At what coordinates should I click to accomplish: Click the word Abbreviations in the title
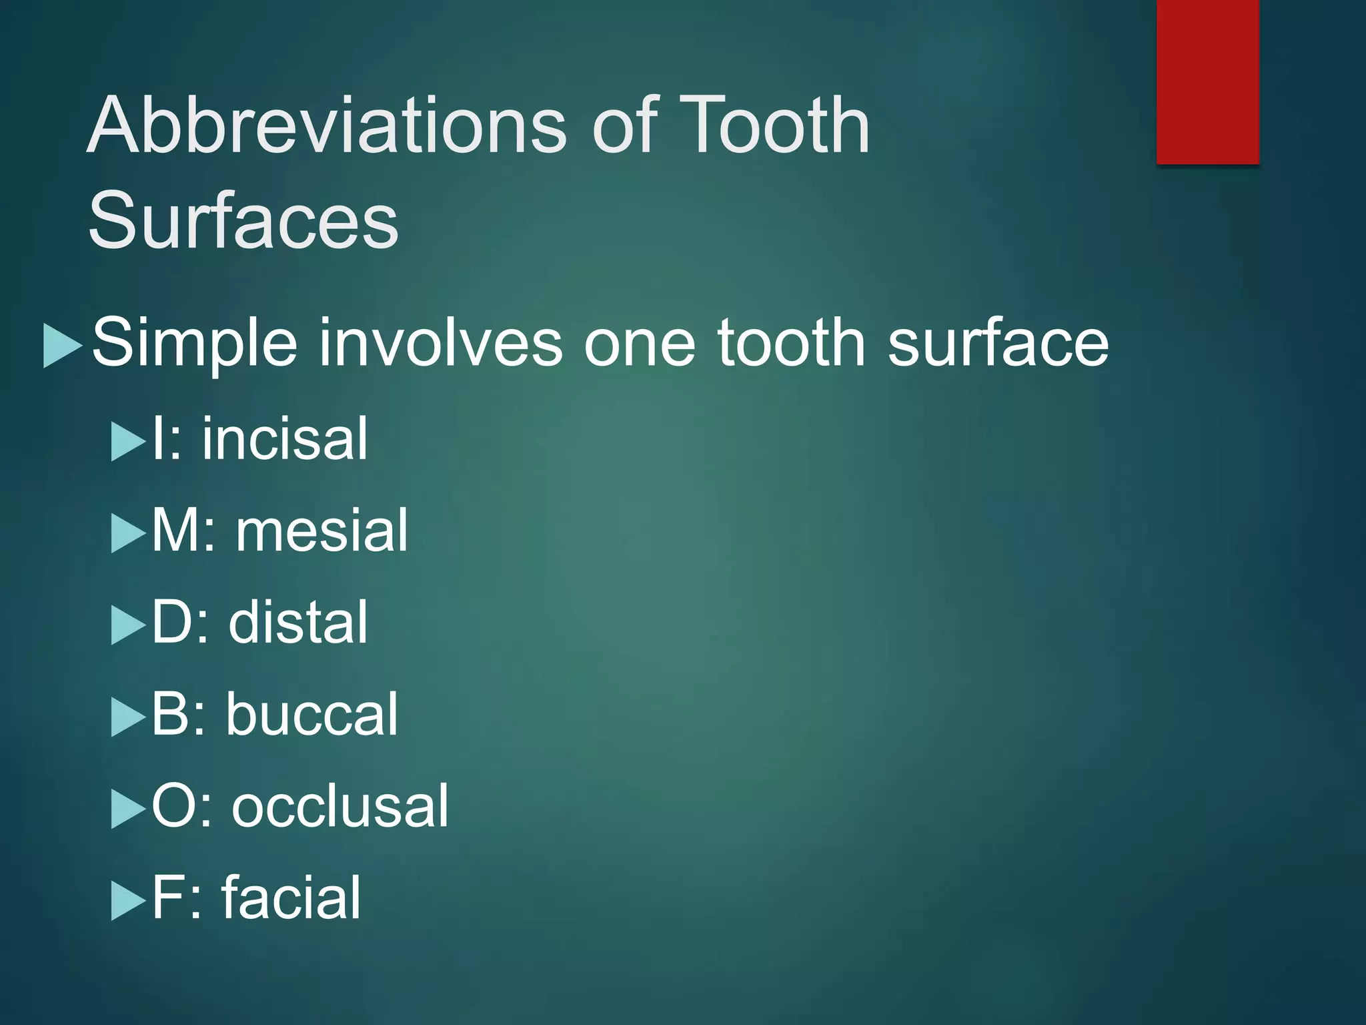tap(327, 125)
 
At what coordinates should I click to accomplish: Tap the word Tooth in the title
tap(774, 125)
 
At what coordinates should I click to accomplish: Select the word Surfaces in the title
tap(243, 220)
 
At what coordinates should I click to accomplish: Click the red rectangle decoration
tap(1208, 81)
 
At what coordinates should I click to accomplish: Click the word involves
tap(440, 342)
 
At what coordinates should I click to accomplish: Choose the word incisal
tap(285, 438)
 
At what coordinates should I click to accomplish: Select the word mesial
tap(321, 530)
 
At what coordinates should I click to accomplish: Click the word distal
tap(298, 622)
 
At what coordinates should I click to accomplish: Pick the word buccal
tap(311, 714)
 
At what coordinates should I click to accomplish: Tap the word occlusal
tap(340, 806)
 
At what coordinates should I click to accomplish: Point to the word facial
tap(291, 898)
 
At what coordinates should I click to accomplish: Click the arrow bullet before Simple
tap(62, 346)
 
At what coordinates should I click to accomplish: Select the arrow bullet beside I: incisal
tap(127, 442)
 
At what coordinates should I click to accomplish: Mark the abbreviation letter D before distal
tap(170, 622)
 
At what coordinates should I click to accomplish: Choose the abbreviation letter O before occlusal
tap(172, 806)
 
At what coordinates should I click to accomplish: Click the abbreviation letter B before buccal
tap(169, 714)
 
